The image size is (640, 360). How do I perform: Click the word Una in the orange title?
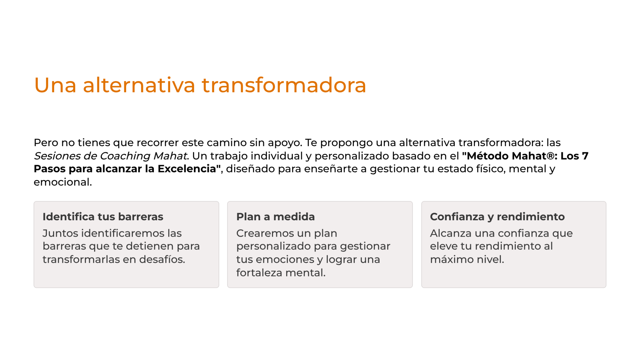55,85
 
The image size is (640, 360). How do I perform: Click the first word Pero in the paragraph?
46,142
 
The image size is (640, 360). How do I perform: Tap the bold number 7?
585,156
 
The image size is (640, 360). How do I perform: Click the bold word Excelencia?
187,169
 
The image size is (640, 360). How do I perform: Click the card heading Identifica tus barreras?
103,217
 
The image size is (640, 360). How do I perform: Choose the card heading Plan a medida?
275,217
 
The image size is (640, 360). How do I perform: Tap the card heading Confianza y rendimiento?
497,217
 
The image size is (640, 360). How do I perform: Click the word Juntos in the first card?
60,233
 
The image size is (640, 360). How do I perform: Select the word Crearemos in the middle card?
265,233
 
